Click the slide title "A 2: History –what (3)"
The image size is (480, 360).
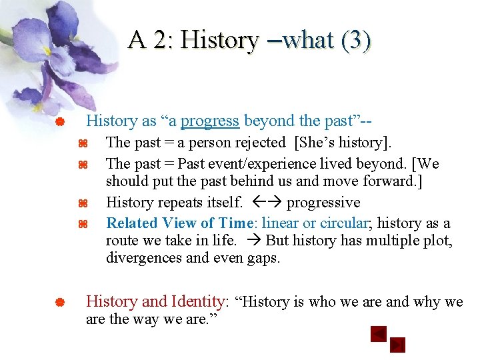click(x=250, y=40)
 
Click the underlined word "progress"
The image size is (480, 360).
click(x=209, y=121)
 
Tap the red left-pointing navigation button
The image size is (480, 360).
click(x=379, y=333)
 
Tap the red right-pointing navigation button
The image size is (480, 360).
click(x=397, y=345)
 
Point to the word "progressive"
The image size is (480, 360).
click(x=323, y=203)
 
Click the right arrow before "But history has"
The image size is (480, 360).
click(x=254, y=241)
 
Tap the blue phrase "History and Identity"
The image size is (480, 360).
click(x=155, y=301)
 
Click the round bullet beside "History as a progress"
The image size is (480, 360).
click(x=59, y=122)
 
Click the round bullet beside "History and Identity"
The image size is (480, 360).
click(x=59, y=303)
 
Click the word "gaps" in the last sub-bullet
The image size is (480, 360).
click(x=264, y=257)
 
